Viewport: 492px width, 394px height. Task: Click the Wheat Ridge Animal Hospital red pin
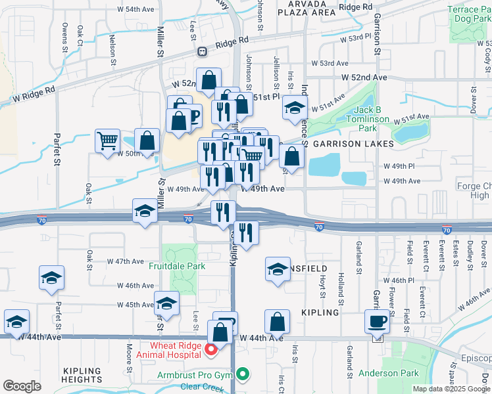coord(210,350)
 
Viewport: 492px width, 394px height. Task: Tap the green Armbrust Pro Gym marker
coord(243,375)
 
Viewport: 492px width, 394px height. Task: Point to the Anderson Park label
coord(389,373)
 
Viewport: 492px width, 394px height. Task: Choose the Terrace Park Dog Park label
coord(468,14)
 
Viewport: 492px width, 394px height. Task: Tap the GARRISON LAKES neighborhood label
coord(353,143)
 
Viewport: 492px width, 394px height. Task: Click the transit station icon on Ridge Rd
coord(202,51)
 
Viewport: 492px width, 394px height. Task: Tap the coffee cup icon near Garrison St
coord(378,322)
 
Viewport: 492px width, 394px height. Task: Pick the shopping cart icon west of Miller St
coord(107,141)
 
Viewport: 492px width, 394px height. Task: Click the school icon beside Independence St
coord(295,108)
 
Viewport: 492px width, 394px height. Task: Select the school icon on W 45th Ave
coord(167,304)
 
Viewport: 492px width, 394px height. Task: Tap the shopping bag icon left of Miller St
coord(147,140)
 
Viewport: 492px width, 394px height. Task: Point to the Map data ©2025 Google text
coord(451,389)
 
